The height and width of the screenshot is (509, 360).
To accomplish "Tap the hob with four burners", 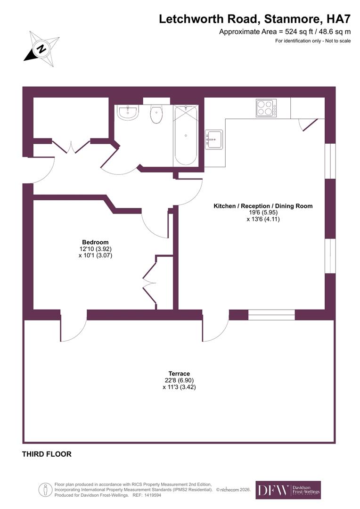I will point(266,108).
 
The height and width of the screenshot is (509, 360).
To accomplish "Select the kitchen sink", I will point(214,140).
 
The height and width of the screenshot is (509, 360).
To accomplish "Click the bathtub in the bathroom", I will point(186,135).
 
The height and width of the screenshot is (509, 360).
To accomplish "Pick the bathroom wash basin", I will point(128,113).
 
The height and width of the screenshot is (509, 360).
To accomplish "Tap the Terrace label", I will point(179,374).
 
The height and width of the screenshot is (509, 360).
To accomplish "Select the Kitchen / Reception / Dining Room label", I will point(263,206).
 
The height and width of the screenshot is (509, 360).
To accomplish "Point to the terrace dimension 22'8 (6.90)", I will point(179,380).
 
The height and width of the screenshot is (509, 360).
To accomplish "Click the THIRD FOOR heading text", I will point(47,454).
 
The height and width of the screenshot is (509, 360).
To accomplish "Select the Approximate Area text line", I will point(285,32).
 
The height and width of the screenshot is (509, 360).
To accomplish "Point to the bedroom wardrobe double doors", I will point(150,282).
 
